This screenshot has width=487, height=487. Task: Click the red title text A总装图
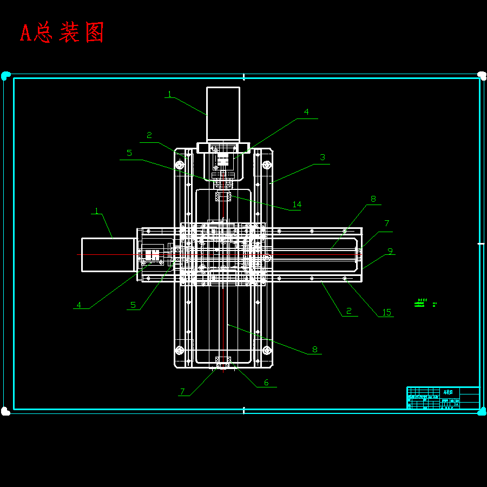62,33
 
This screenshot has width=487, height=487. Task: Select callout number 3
323,157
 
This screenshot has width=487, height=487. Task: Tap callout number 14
297,205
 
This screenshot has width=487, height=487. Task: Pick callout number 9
390,251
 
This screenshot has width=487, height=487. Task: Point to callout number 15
386,312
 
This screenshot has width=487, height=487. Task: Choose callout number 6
266,383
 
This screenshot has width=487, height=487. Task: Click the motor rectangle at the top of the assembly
223,114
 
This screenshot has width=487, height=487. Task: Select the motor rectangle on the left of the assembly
108,254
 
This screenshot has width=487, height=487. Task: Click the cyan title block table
443,398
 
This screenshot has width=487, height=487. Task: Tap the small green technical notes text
425,302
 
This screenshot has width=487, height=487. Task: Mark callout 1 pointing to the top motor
169,94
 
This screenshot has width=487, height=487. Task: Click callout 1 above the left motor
97,211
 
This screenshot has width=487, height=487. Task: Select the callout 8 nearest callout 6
314,350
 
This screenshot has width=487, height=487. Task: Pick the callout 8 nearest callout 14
373,199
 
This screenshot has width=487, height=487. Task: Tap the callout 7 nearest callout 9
386,223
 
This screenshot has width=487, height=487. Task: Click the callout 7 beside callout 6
183,391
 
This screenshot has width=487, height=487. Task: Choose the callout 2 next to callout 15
349,311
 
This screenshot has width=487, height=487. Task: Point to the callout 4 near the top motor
306,112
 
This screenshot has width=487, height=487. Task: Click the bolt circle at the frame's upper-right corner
266,164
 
